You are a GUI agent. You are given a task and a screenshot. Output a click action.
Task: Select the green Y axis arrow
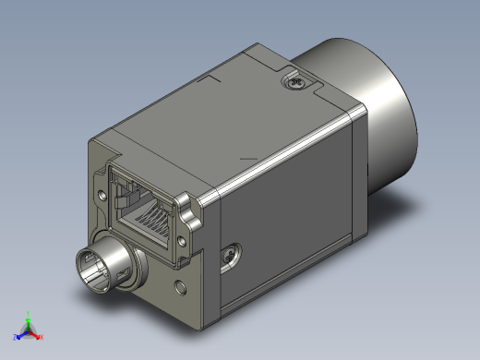pyautogui.click(x=29, y=319)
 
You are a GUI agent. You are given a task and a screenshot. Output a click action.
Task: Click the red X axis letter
pyautogui.click(x=42, y=337)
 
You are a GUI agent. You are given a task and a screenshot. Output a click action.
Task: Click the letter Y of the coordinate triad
pyautogui.click(x=29, y=312)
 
